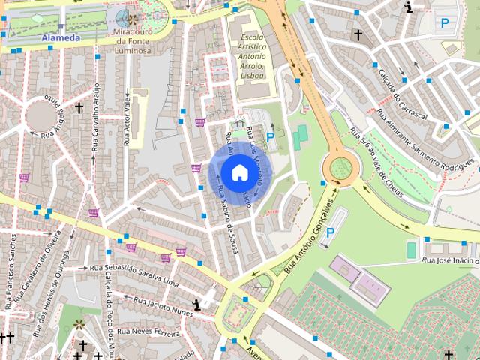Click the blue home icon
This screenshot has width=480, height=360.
(238, 172)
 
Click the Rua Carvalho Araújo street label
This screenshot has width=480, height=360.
(96, 118)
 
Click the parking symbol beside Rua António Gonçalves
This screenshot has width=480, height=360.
(330, 232)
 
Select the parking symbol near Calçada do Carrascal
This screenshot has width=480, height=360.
(445, 23)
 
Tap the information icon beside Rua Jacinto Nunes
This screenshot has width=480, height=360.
(196, 304)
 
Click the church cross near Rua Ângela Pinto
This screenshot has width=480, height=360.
(79, 108)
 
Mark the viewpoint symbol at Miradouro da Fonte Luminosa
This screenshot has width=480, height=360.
(133, 19)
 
